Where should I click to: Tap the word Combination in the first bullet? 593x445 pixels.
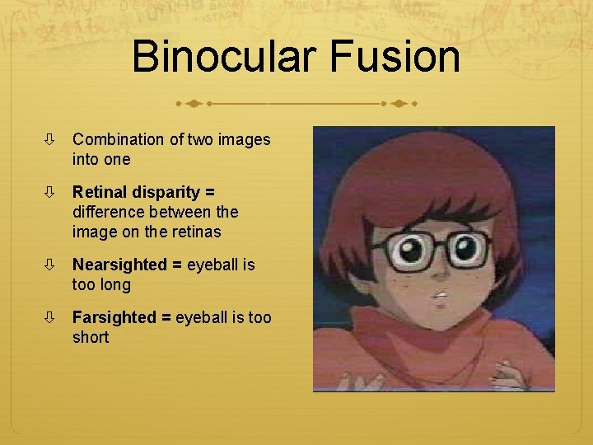(x=119, y=139)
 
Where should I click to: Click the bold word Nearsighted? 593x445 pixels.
(x=119, y=265)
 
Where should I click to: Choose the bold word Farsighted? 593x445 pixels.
(x=114, y=317)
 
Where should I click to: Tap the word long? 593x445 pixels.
(x=114, y=284)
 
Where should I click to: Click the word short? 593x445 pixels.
(x=91, y=337)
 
